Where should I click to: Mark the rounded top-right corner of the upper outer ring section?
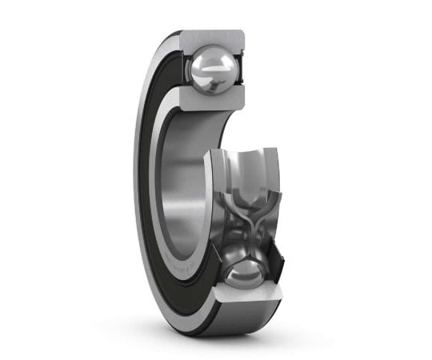[240, 34]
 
